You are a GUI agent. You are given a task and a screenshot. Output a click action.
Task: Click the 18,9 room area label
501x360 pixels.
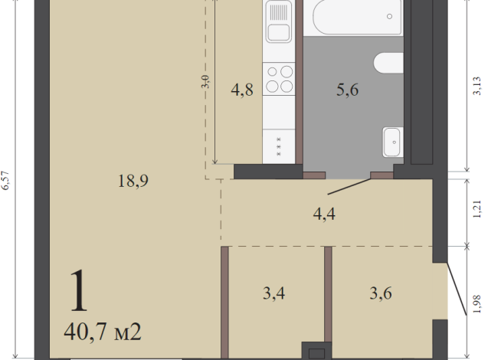tap(133, 181)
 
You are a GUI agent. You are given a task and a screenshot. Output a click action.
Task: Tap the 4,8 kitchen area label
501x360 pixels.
tap(242, 90)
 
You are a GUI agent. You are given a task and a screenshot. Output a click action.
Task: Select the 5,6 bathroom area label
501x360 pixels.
tap(347, 90)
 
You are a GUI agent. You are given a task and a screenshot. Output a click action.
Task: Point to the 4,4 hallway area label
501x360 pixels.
tap(324, 214)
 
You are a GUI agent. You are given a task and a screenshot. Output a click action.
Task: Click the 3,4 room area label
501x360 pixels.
tap(273, 293)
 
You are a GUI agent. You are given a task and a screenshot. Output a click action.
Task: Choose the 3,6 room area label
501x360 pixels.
tap(381, 293)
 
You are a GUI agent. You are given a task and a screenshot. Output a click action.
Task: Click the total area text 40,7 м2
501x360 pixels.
tap(103, 332)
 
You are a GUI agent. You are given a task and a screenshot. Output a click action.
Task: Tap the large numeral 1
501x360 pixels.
tap(79, 290)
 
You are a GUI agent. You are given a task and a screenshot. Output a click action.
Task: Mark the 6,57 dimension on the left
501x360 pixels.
tap(6, 181)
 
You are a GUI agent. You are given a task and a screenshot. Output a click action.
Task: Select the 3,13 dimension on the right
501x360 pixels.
tap(476, 86)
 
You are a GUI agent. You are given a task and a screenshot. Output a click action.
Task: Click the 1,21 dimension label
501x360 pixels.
tap(476, 209)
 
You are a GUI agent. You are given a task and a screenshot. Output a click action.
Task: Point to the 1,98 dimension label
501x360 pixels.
tap(476, 304)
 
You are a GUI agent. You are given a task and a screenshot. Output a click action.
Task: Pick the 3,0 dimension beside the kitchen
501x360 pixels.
tap(206, 82)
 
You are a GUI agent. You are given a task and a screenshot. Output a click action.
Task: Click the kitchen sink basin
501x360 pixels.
tap(278, 33)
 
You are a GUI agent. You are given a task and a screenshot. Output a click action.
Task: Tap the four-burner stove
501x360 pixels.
tap(279, 79)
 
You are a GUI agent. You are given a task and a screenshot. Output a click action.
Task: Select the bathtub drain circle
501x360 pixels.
tap(389, 16)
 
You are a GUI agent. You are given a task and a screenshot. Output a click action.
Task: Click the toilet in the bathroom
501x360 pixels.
tap(388, 63)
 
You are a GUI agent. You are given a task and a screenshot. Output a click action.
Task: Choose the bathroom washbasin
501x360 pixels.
tap(393, 142)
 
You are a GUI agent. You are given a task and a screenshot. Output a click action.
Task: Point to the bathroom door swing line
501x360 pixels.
tap(349, 187)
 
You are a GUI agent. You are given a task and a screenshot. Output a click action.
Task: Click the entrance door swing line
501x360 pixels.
tap(457, 289)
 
